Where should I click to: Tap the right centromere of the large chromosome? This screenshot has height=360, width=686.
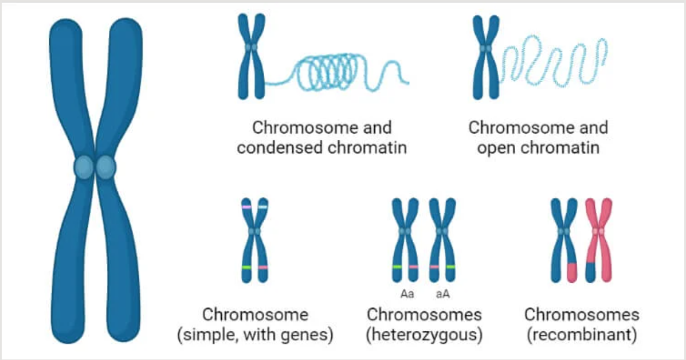point(106,167)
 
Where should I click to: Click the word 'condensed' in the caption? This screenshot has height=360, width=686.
point(280,147)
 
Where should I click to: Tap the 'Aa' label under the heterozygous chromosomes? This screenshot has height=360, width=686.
point(407,295)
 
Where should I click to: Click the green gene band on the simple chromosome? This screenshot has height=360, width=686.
point(247,267)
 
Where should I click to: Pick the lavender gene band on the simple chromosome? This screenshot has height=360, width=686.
point(247,207)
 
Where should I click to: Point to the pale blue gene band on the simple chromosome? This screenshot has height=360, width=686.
point(263,207)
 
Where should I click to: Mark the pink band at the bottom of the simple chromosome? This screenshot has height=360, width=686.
point(263,267)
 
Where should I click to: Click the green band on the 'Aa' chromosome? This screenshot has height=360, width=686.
point(397,267)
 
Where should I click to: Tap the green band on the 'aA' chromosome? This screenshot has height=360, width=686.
point(450,267)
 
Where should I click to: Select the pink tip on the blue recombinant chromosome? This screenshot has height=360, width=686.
point(571,273)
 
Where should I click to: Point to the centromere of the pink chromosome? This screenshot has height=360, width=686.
point(598,231)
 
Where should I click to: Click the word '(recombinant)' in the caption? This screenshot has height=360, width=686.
point(582,334)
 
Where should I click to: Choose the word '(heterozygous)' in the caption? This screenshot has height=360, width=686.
point(424,334)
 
